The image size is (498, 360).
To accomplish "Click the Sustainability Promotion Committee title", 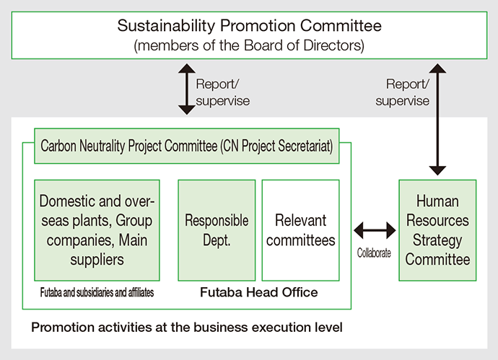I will pyautogui.click(x=249, y=27).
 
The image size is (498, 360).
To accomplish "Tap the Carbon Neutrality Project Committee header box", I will pyautogui.click(x=186, y=146).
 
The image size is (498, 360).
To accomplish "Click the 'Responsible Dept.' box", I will pyautogui.click(x=217, y=230).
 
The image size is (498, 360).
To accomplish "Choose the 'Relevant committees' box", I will pyautogui.click(x=300, y=230).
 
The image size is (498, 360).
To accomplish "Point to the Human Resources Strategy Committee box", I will pyautogui.click(x=437, y=230).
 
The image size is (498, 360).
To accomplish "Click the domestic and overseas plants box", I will pyautogui.click(x=97, y=230).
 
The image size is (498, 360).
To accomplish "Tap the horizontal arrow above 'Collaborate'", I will pyautogui.click(x=375, y=232).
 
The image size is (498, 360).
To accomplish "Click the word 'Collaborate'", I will pyautogui.click(x=374, y=253).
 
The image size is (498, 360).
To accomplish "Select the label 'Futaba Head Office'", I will pyautogui.click(x=258, y=292).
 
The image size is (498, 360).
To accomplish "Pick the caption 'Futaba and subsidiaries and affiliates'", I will pyautogui.click(x=97, y=293).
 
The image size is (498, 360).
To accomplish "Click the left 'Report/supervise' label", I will pyautogui.click(x=222, y=92).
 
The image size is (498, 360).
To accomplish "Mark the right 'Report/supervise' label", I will pyautogui.click(x=402, y=92).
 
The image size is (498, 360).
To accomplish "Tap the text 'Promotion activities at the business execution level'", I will pyautogui.click(x=186, y=327).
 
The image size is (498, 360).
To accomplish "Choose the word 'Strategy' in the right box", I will pyautogui.click(x=437, y=240).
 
